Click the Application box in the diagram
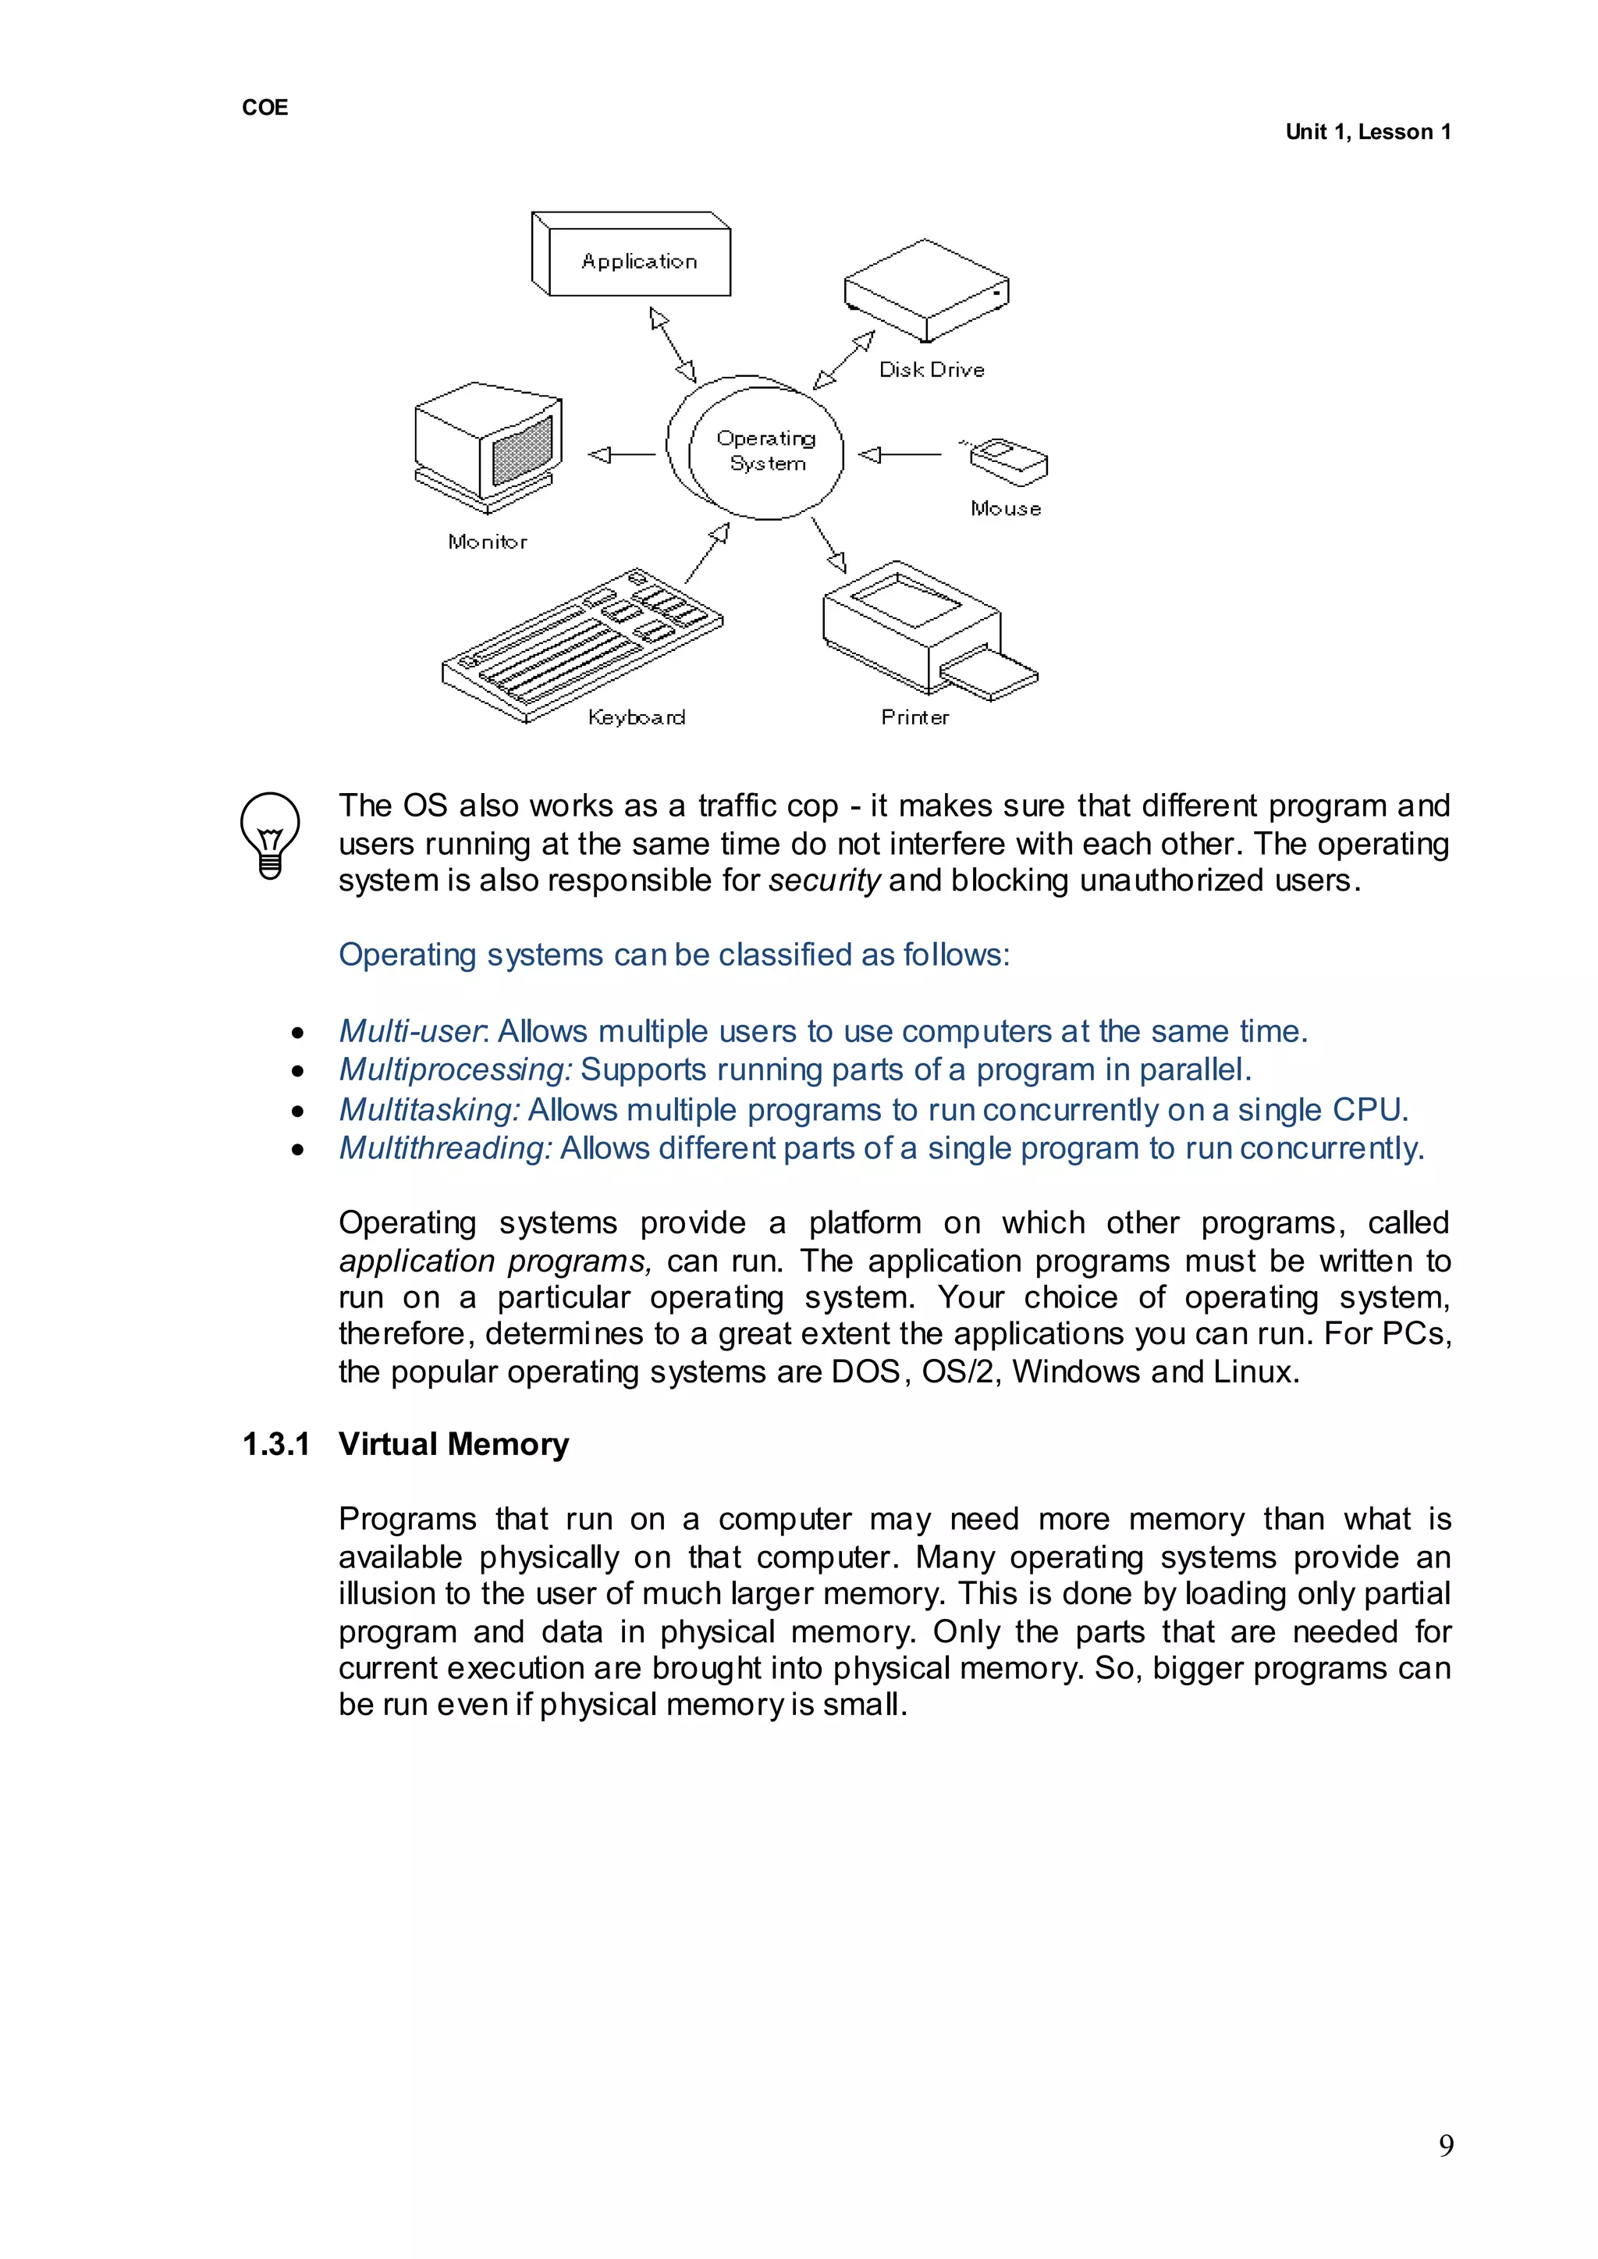(x=637, y=260)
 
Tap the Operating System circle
(x=758, y=449)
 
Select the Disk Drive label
(x=931, y=370)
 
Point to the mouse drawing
(x=1007, y=461)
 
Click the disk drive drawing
(x=925, y=290)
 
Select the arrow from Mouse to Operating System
(x=900, y=455)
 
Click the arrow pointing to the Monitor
(x=621, y=455)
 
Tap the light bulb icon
(x=270, y=834)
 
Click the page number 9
(x=1446, y=2145)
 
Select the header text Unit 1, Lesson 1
(x=1368, y=132)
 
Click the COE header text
(x=265, y=107)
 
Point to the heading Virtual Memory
(x=453, y=1444)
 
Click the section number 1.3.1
(x=276, y=1444)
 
